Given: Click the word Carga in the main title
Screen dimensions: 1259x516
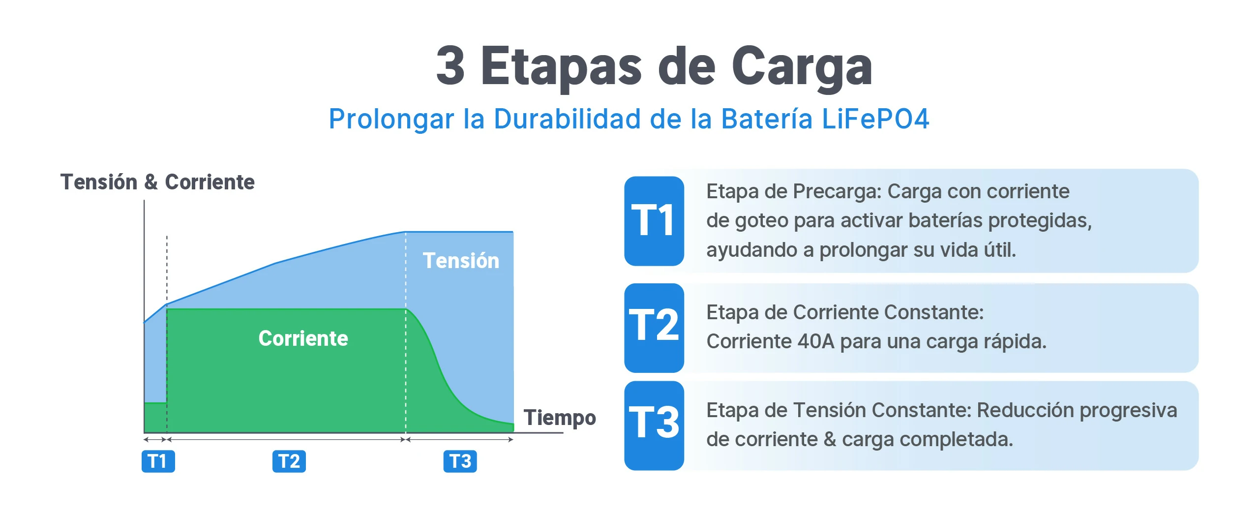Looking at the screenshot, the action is point(802,67).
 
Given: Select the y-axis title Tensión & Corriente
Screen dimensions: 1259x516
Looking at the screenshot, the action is point(157,182).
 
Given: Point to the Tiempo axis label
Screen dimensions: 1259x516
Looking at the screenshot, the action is point(560,418).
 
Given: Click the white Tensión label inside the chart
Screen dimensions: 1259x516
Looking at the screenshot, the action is point(461,261).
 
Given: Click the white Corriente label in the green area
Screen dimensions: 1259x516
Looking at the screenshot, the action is point(303,338).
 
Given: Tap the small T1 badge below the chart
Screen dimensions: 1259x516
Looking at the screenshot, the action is point(158,461).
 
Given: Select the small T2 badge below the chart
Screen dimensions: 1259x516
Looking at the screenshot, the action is point(289,461).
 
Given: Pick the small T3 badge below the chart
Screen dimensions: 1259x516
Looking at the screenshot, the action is point(460,461).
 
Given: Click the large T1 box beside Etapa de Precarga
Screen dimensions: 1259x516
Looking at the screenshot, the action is point(654,221).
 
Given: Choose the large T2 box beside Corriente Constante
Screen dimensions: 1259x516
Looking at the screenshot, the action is point(654,328).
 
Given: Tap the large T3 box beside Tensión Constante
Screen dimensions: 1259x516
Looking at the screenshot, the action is point(654,425).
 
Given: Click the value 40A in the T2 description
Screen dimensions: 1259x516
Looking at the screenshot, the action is point(816,341).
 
